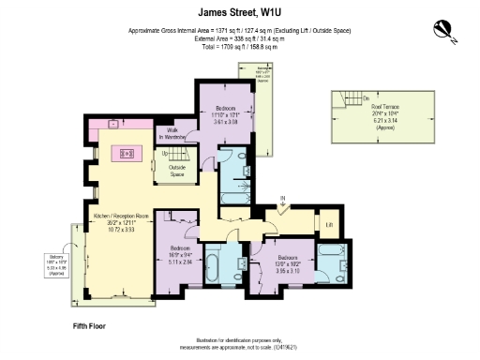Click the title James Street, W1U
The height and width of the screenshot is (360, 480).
(240, 12)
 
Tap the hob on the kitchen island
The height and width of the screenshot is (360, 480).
(123, 154)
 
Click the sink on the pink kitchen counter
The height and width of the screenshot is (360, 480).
(112, 123)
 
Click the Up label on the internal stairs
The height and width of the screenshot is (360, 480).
(166, 153)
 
